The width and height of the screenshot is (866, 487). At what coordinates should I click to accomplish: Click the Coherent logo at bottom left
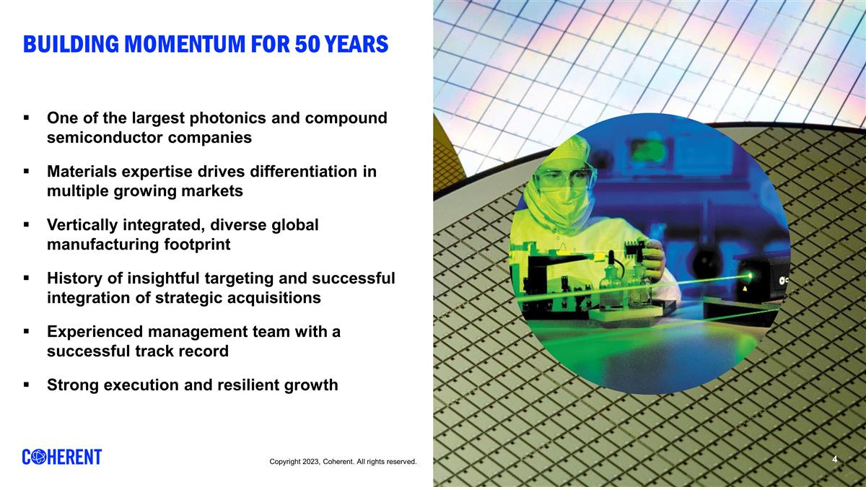[x=62, y=457]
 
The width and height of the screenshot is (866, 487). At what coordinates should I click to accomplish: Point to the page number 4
[x=834, y=460]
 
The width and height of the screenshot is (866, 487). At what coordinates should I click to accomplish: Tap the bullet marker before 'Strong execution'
[x=26, y=385]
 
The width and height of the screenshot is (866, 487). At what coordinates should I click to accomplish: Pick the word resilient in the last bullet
[x=251, y=385]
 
